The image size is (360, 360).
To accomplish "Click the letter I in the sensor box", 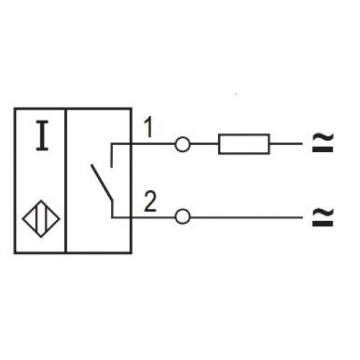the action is [42, 136].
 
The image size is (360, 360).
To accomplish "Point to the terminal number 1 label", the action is [149, 127].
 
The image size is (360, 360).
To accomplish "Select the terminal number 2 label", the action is [150, 202].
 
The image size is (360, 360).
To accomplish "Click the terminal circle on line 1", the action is [182, 145].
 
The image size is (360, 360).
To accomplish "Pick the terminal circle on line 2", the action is [183, 217].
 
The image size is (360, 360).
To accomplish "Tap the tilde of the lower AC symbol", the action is [323, 212].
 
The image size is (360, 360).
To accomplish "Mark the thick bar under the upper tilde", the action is [323, 150].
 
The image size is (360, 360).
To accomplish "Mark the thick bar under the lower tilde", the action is [323, 224].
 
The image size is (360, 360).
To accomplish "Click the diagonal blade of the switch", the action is [102, 182].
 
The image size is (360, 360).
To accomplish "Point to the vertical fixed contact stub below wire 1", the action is [112, 156].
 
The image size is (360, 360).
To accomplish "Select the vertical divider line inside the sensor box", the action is [66, 181].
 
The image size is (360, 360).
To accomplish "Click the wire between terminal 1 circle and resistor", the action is [204, 144].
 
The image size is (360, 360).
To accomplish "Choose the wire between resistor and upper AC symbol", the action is [286, 144].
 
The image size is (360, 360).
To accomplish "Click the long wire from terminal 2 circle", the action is [246, 217].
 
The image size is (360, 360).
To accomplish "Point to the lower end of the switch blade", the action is [112, 200].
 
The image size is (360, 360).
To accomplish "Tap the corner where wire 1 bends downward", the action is [112, 144].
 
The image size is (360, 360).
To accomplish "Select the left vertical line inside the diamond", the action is [37, 219].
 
